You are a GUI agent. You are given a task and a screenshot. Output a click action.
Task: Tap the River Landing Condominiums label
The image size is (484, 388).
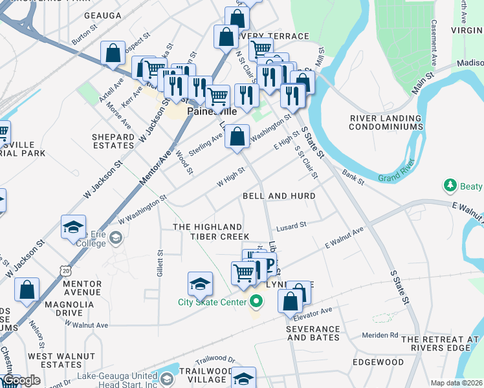click(x=386, y=123)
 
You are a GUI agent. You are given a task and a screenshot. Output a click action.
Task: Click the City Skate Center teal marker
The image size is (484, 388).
click(x=256, y=301)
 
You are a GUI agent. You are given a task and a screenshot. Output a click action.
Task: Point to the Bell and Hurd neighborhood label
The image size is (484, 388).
click(x=279, y=196)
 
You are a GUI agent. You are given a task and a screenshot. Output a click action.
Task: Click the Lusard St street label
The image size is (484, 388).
click(x=291, y=224)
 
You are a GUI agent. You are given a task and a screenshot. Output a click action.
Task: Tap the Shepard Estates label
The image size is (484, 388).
click(x=113, y=142)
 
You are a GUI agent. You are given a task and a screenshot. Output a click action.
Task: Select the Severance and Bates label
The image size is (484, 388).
click(x=313, y=334)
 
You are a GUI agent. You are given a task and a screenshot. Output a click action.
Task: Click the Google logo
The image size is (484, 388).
click(x=21, y=380)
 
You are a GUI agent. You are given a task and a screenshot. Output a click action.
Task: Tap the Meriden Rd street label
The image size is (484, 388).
click(x=380, y=335)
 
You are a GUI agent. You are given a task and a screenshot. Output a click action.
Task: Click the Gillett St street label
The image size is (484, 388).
click(x=160, y=264)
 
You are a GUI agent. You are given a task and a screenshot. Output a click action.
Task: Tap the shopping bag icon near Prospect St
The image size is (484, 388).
click(x=113, y=53)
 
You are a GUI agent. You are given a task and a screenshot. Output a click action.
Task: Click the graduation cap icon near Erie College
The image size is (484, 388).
click(x=74, y=227)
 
